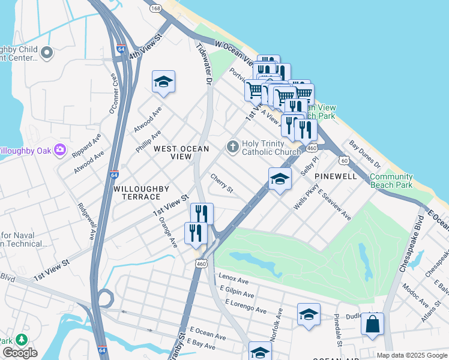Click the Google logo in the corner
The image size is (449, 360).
coord(20,353)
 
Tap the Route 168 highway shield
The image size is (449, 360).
coord(156,8)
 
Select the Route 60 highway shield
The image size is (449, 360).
coord(343,160)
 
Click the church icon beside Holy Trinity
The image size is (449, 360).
coord(232,146)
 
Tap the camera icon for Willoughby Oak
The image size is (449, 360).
coord(59,149)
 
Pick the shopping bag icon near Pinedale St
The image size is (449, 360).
coord(372,324)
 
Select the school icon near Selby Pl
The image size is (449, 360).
coord(280,179)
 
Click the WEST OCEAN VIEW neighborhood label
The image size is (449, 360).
coord(181,152)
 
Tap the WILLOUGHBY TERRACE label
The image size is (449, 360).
coord(142,193)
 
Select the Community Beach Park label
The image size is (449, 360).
coord(391,181)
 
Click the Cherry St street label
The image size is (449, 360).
coord(221,183)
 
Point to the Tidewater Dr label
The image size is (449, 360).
coord(205,64)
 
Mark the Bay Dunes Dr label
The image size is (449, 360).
coord(366,155)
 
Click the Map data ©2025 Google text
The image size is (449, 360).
coord(411,355)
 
